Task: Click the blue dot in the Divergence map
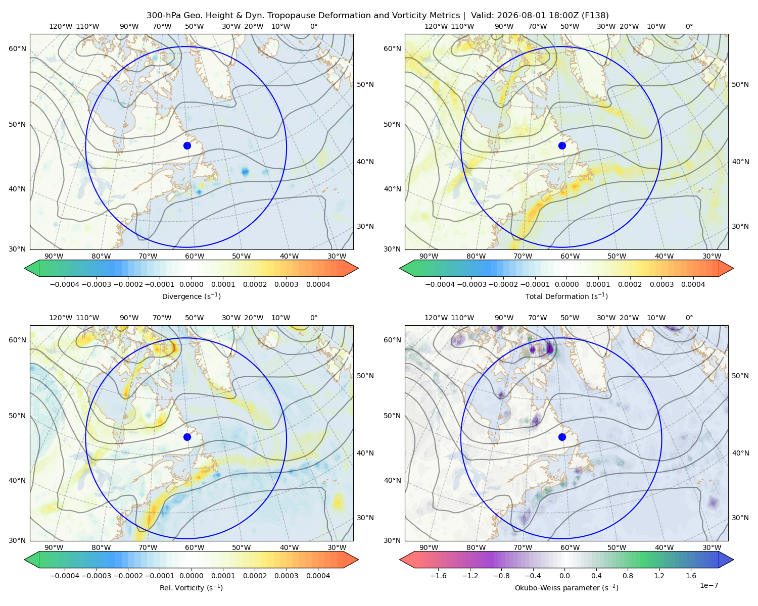pos(187,145)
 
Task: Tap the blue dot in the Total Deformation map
pos(562,145)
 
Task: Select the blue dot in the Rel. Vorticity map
pos(187,437)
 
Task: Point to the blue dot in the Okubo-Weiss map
pos(562,437)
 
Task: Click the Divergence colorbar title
pos(191,296)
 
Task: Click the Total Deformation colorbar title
pos(566,296)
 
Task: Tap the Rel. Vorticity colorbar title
pos(191,587)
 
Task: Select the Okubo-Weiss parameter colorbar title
pos(566,587)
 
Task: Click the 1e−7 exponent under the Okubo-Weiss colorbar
pos(708,585)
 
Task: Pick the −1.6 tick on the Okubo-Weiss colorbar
pos(438,575)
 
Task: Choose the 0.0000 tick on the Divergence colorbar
pos(191,284)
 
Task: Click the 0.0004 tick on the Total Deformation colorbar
pos(693,284)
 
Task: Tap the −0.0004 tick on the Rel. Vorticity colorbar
pos(65,575)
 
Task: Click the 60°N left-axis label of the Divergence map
pos(17,48)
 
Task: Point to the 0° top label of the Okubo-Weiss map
pos(689,317)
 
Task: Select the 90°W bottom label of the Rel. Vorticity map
pos(54,547)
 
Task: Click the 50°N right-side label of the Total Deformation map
pos(740,84)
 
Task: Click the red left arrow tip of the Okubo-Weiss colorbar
pos(400,560)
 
